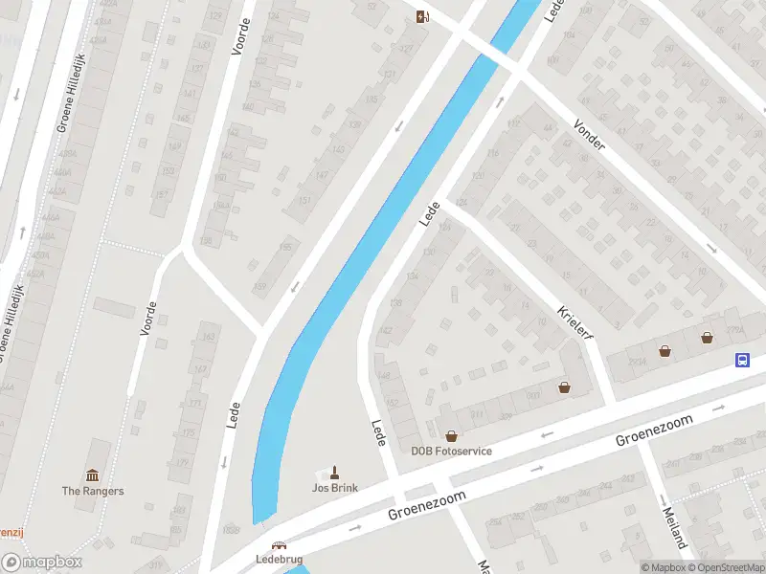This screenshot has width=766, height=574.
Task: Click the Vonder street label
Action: click(589, 135)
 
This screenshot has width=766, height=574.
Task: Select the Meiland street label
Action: click(674, 525)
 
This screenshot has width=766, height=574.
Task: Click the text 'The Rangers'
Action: click(93, 491)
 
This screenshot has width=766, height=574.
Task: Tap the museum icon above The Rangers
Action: click(93, 475)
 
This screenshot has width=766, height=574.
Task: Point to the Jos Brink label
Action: click(335, 488)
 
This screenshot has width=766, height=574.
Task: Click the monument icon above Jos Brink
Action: click(335, 472)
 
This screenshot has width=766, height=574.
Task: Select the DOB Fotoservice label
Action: click(452, 451)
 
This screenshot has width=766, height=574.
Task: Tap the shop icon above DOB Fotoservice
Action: click(452, 436)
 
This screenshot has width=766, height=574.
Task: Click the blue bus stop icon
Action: click(742, 361)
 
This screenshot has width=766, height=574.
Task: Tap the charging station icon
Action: click(422, 15)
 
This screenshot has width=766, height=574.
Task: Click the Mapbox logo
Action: click(41, 563)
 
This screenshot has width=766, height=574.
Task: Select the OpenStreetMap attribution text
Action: click(724, 567)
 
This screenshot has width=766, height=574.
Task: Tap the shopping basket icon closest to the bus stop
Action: click(708, 337)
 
